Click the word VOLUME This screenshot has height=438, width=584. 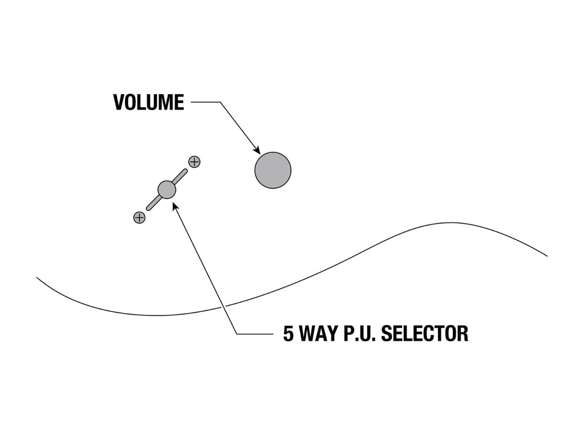pyautogui.click(x=148, y=103)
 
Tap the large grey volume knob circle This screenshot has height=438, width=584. pyautogui.click(x=273, y=170)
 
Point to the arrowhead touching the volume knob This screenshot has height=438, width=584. pyautogui.click(x=257, y=150)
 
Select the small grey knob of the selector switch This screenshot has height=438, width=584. pyautogui.click(x=166, y=189)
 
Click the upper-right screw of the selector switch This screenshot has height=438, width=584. pyautogui.click(x=194, y=162)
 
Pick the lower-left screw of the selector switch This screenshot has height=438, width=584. pyautogui.click(x=139, y=217)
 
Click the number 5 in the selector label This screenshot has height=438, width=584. pyautogui.click(x=289, y=334)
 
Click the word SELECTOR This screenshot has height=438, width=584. pyautogui.click(x=424, y=334)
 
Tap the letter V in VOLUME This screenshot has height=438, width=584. pyautogui.click(x=119, y=103)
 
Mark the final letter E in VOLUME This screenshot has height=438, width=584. pyautogui.click(x=179, y=103)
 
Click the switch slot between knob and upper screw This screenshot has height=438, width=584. pyautogui.click(x=180, y=176)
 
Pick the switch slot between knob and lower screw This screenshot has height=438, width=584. pyautogui.click(x=153, y=202)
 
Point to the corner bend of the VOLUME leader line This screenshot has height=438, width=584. pyautogui.click(x=220, y=103)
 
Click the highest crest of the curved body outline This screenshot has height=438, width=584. pyautogui.click(x=451, y=223)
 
